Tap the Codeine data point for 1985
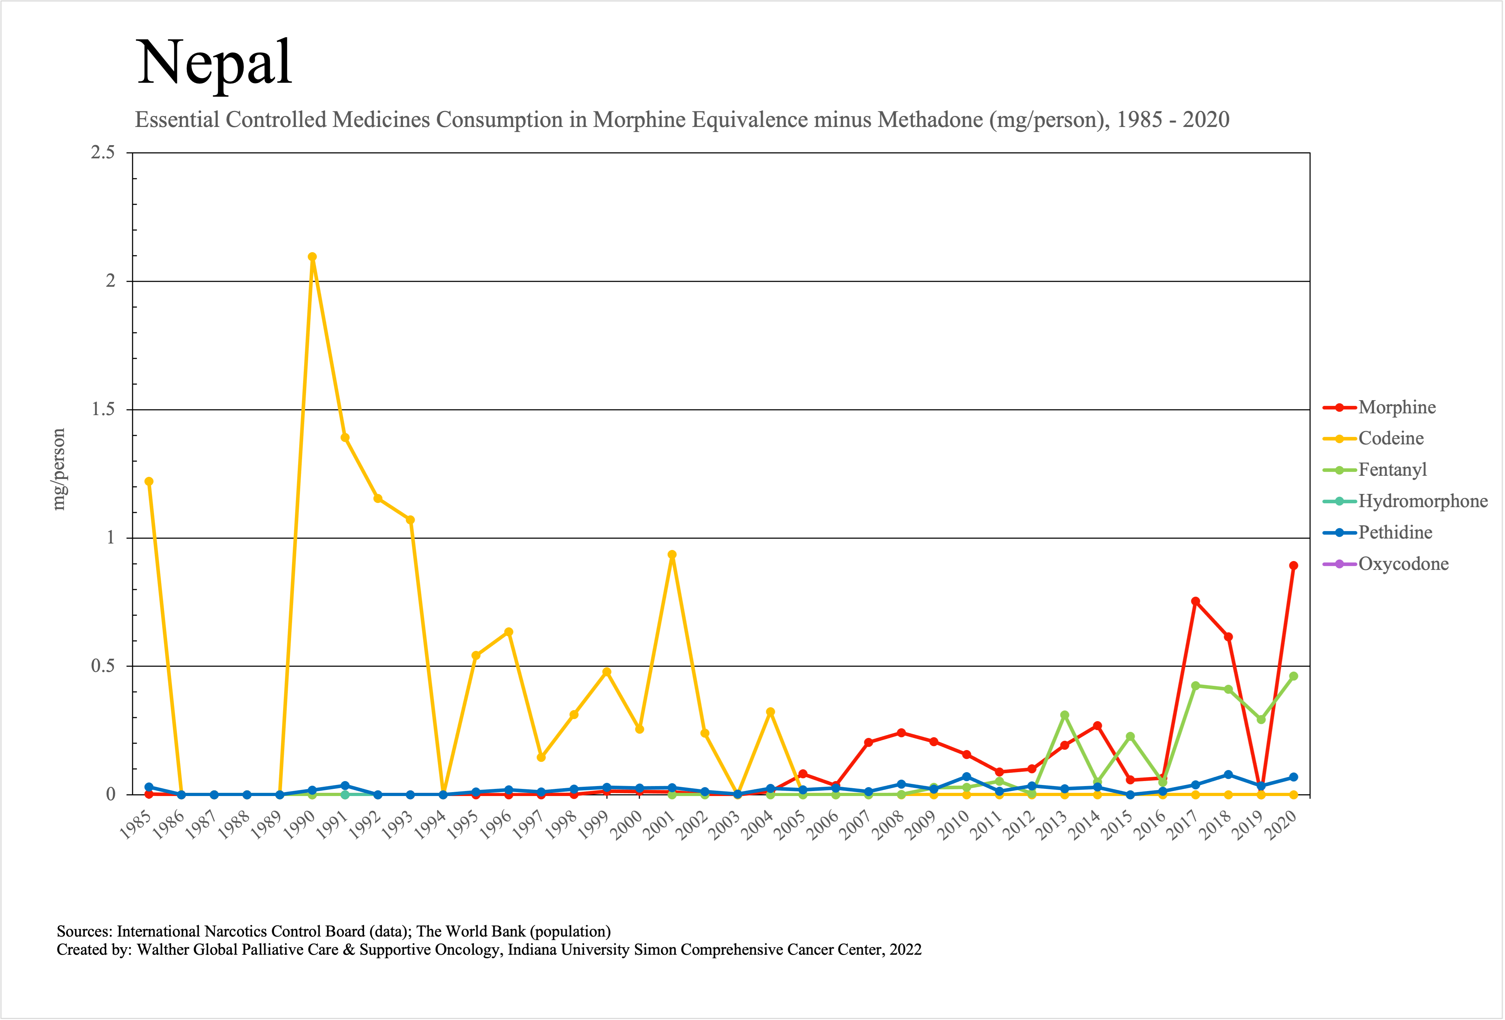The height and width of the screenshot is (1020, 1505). tap(149, 481)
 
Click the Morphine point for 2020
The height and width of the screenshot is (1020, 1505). tap(1293, 565)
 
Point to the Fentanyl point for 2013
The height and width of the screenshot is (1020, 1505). tap(1065, 715)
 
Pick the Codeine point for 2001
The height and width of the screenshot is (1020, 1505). tap(672, 554)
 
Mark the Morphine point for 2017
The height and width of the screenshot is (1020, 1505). tap(1196, 601)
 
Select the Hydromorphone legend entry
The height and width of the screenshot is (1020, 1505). tap(1422, 501)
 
